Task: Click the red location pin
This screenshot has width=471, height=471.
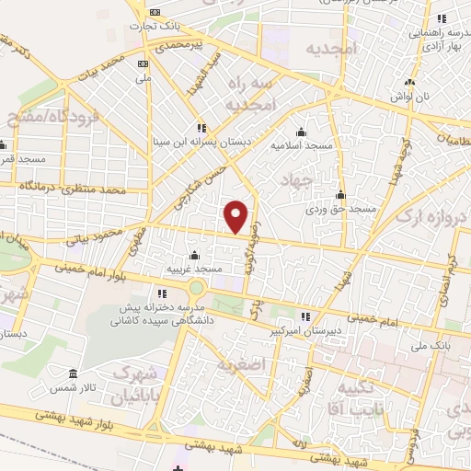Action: [236, 215]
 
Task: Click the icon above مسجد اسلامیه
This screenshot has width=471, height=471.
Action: [300, 131]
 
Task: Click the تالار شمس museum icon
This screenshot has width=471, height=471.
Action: [73, 375]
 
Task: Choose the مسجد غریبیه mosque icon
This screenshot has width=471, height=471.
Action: [193, 255]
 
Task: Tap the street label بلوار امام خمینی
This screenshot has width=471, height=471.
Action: [86, 268]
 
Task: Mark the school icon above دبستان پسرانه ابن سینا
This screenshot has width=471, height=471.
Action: [201, 128]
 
